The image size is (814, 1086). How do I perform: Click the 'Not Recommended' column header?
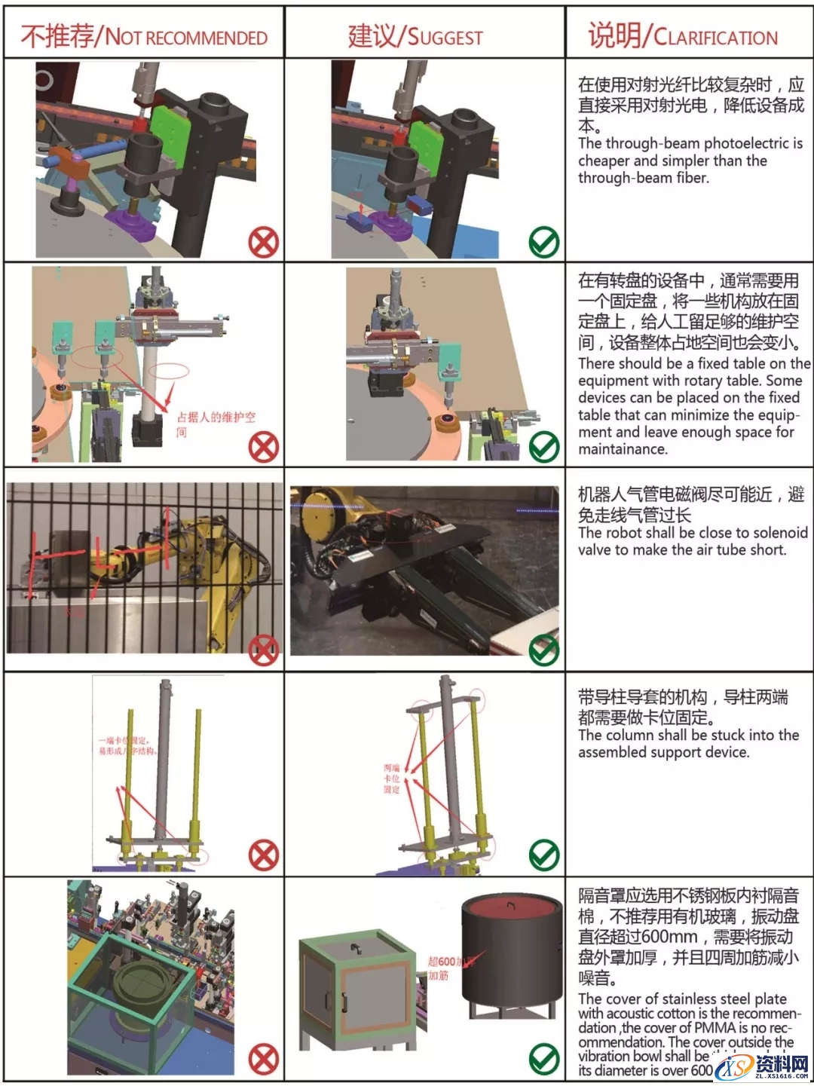tap(143, 36)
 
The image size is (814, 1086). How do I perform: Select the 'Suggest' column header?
tap(415, 36)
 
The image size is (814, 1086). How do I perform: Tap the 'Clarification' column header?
tap(683, 36)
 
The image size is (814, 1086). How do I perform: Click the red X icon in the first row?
tap(264, 243)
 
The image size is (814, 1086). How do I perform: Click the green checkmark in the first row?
tap(543, 243)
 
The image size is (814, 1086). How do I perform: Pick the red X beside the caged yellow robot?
tap(264, 650)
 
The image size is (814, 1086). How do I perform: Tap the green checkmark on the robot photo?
tap(543, 650)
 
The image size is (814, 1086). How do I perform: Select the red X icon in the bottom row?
tap(264, 1060)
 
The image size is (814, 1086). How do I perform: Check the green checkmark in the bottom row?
tap(543, 1060)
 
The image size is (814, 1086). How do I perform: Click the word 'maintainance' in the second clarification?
tap(623, 449)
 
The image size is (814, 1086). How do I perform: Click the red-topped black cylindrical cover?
tap(512, 950)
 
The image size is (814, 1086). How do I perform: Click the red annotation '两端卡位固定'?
tap(391, 779)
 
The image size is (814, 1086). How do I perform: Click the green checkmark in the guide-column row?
tap(543, 855)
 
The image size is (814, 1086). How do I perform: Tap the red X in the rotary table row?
tap(264, 448)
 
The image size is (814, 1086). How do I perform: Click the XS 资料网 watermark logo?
tap(761, 1067)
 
